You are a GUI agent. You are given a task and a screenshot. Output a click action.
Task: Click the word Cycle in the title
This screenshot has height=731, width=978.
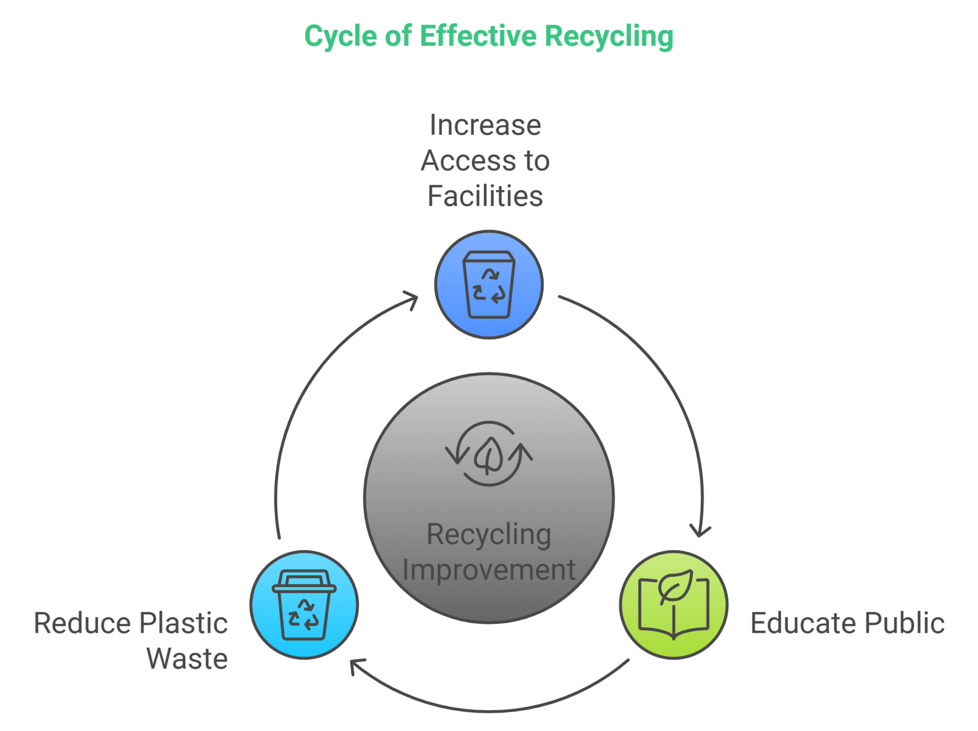pos(340,36)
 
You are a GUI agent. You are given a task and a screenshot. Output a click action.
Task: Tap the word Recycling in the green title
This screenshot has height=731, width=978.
pos(609,36)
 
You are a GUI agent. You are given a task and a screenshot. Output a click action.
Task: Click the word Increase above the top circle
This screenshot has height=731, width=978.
pos(485,125)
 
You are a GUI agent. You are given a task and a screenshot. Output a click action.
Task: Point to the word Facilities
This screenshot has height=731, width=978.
pos(485,196)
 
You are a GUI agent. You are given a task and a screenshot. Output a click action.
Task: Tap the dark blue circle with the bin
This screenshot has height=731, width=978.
pos(489,284)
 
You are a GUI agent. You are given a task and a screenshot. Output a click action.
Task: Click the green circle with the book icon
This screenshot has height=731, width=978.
pos(674,605)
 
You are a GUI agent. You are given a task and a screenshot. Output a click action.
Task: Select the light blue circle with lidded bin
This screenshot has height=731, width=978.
pos(304,605)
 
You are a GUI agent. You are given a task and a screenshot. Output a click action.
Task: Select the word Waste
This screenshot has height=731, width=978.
pos(187,659)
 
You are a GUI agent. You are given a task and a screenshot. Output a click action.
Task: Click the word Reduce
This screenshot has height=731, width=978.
pos(82,623)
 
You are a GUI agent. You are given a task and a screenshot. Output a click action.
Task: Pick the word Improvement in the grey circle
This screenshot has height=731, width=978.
pos(489,570)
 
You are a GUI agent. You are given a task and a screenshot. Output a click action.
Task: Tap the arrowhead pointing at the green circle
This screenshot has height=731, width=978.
pos(700,530)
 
